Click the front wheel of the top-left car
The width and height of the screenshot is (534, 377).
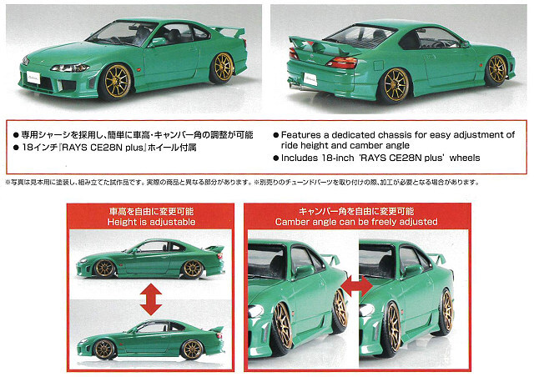point(115,82)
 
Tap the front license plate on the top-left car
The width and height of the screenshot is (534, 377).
point(33,78)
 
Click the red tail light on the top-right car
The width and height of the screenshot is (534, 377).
point(342,63)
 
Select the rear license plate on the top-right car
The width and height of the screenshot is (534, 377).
point(310,79)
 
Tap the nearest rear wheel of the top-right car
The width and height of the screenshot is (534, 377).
point(395,85)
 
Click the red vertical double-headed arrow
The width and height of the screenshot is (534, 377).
point(151,299)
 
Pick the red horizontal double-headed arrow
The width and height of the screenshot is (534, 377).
point(357,286)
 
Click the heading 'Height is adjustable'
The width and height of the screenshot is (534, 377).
point(151,222)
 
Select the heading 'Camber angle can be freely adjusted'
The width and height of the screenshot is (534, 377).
point(356,222)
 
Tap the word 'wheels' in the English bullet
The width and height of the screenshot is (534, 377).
point(465,158)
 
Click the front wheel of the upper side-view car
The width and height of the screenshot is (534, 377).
point(104,269)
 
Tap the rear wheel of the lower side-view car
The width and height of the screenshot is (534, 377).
point(192,349)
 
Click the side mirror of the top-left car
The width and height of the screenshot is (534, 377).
point(158,42)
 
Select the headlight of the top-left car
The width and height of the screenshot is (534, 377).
point(70,68)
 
